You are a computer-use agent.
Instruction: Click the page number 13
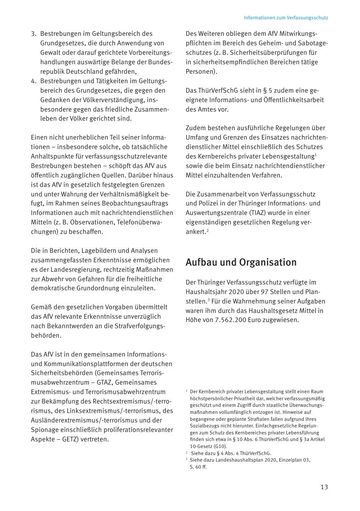pos(324,487)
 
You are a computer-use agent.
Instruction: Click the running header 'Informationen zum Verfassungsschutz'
pos(286,18)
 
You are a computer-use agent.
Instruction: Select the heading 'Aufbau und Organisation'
pos(241,262)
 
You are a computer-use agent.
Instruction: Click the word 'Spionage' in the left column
pos(44,430)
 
